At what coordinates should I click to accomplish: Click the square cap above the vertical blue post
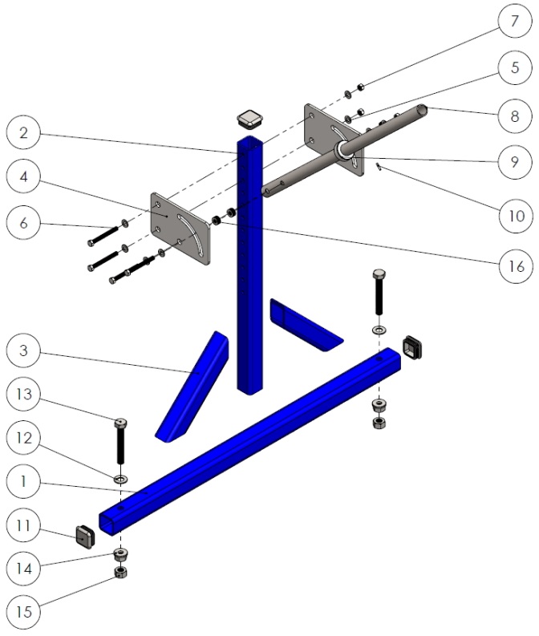coord(249,120)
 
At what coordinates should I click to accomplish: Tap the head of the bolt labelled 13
coord(121,423)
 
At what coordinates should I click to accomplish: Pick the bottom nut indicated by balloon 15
coord(121,573)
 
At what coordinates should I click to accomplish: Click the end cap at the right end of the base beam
coord(411,346)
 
